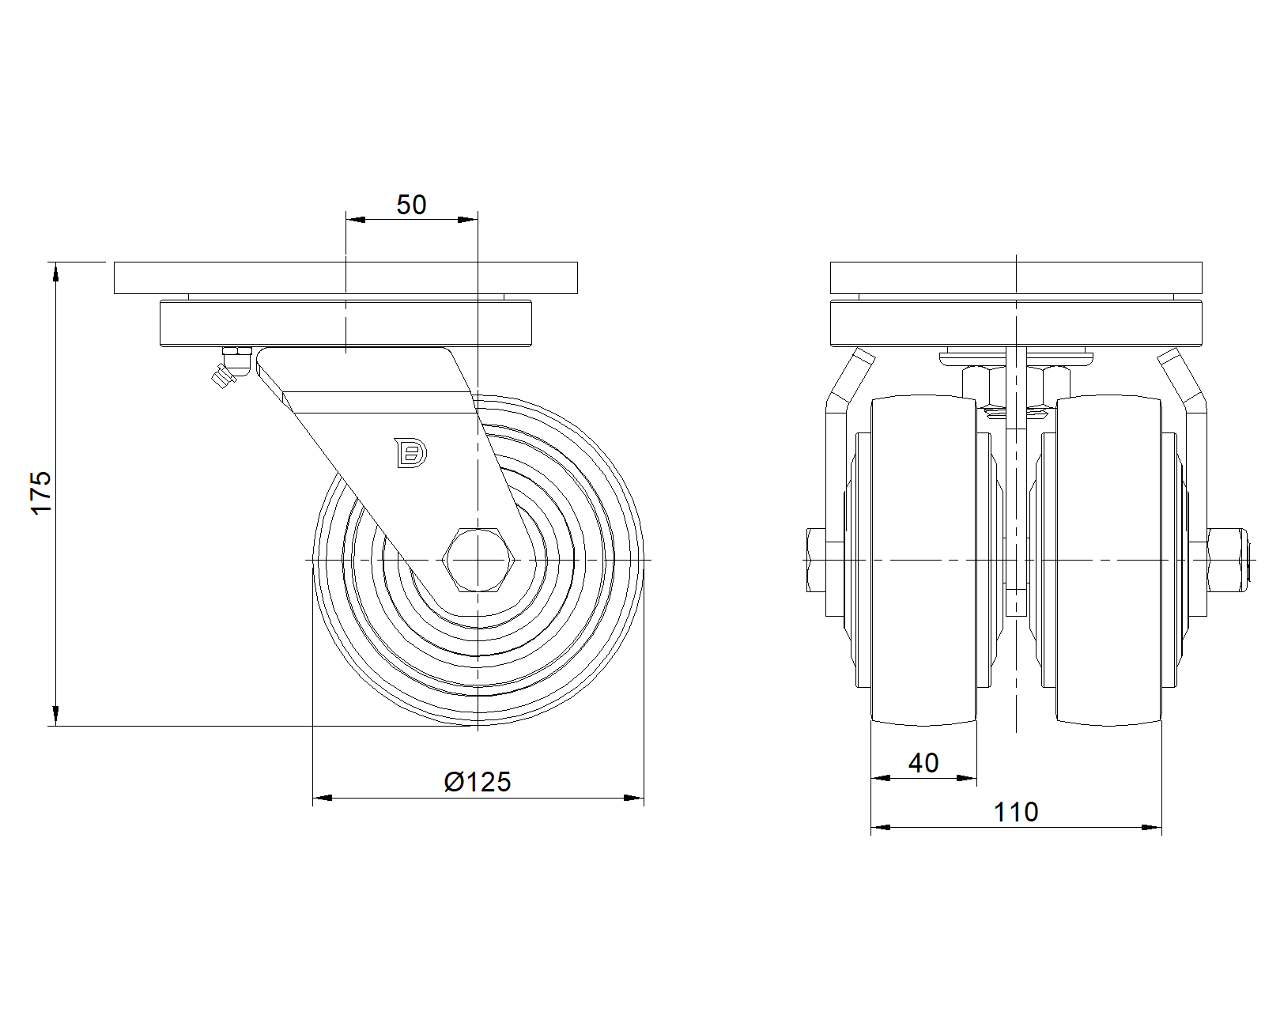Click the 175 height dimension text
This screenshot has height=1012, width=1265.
(x=41, y=493)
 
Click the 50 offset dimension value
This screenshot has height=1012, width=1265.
(x=411, y=205)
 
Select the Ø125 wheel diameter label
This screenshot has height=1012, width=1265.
(x=478, y=782)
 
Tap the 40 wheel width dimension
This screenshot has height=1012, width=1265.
(x=923, y=763)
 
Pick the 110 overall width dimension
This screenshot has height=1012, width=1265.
(x=1016, y=812)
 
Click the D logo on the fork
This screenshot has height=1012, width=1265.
(x=410, y=453)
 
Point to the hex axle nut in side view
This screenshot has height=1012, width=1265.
(x=478, y=559)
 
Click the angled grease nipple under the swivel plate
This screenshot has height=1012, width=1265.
(x=229, y=368)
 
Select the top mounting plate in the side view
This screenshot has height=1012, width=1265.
(x=346, y=278)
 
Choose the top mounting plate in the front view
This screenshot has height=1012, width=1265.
(x=1016, y=278)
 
